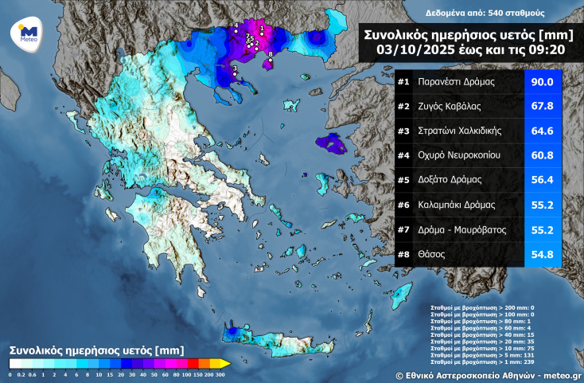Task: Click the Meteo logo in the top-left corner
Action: (x=26, y=37)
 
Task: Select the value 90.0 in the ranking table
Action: (x=543, y=82)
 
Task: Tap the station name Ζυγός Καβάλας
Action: (x=450, y=106)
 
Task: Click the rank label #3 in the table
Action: (x=403, y=131)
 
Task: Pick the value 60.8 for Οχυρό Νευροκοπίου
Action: (x=543, y=156)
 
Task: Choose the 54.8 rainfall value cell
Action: (x=543, y=255)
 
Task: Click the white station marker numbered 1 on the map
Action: (x=261, y=33)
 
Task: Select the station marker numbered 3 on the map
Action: (x=234, y=76)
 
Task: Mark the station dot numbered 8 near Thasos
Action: (x=271, y=60)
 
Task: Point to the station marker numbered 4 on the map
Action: (x=236, y=33)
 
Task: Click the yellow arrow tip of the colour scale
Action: (x=226, y=363)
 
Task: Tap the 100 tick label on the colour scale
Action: (x=185, y=373)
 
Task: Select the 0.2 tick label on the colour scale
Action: (x=21, y=373)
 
